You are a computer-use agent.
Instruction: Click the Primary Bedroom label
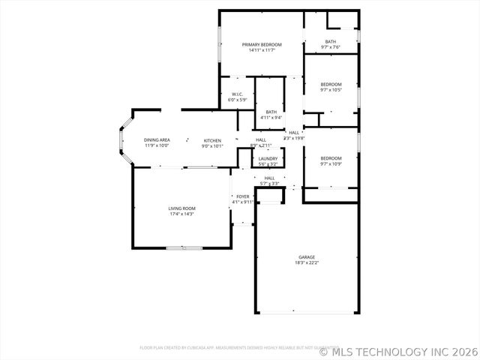[x=261, y=45]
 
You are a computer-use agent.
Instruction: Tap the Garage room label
[x=306, y=257]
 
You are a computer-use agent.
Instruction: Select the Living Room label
[x=181, y=208]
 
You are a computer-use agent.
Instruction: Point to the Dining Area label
[x=157, y=140]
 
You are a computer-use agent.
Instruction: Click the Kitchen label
[x=212, y=140]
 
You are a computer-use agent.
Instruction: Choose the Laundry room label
[x=268, y=158]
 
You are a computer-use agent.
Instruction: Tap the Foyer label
[x=242, y=196]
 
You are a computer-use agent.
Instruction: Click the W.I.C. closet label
[x=237, y=94]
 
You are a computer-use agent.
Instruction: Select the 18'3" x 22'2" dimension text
[x=306, y=263]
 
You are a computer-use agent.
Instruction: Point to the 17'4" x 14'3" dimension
[x=181, y=214]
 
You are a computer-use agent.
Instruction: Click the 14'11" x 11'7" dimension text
[x=261, y=50]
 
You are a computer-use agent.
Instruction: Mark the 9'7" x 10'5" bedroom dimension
[x=331, y=90]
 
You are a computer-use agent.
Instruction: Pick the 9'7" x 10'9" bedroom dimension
[x=331, y=163]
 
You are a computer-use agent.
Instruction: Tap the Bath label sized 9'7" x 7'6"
[x=330, y=41]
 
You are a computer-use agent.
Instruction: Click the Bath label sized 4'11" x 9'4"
[x=271, y=112]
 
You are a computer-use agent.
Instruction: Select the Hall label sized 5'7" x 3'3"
[x=269, y=178]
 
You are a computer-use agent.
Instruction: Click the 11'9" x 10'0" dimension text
[x=157, y=145]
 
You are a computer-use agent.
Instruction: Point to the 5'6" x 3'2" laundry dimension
[x=268, y=163]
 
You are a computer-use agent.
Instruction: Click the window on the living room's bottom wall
[x=184, y=247]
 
